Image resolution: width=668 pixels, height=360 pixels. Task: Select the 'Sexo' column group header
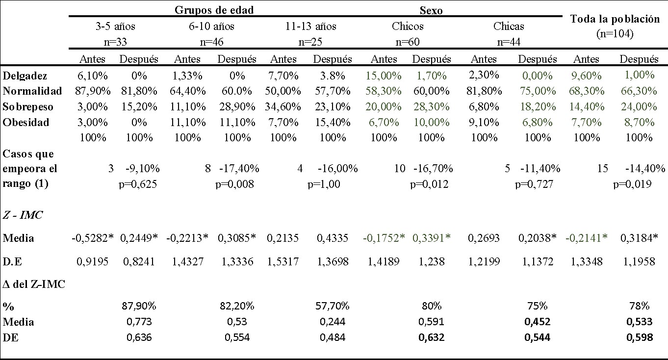point(431,10)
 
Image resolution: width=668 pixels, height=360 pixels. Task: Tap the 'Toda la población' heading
point(615,19)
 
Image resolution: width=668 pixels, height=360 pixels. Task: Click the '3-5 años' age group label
point(115,26)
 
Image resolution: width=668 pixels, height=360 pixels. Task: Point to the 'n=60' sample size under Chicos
point(408,42)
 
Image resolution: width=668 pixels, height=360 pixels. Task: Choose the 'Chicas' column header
point(509,26)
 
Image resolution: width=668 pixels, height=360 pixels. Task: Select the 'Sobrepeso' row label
point(28,107)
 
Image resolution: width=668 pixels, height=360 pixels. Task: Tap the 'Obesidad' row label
point(26,123)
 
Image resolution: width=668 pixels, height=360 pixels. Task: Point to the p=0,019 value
point(632,184)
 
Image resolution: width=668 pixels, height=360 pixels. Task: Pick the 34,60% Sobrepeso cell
point(283,107)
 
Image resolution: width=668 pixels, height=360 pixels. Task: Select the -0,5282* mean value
point(92,238)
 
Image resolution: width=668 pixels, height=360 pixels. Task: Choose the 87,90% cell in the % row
point(139,306)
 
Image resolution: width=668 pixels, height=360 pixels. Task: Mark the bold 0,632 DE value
point(431,337)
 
